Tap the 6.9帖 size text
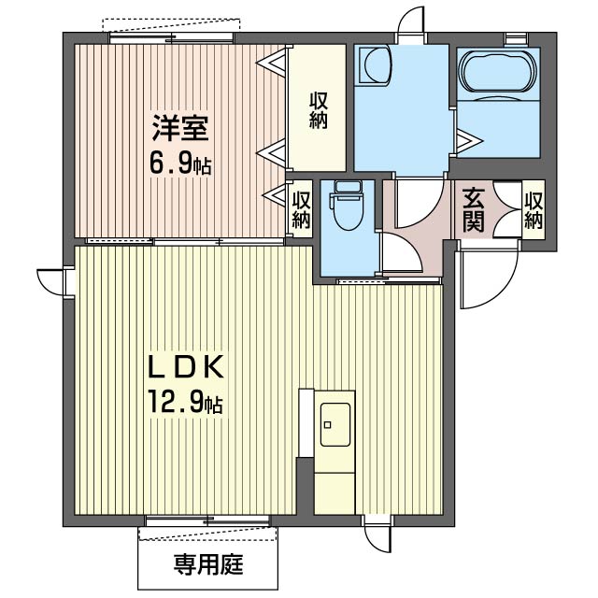click(x=180, y=164)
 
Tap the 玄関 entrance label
click(x=473, y=209)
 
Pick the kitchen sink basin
click(x=335, y=426)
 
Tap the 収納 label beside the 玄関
click(x=534, y=209)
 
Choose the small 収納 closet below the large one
click(x=300, y=207)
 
